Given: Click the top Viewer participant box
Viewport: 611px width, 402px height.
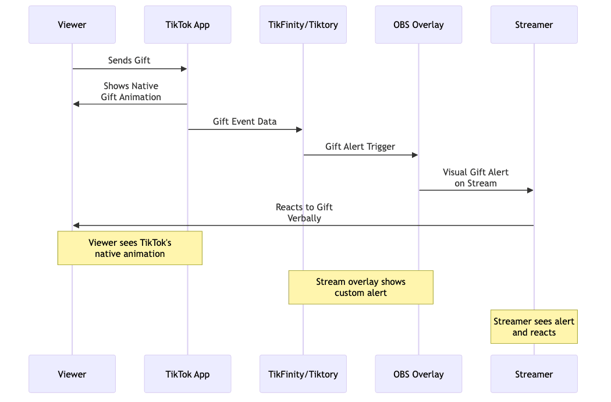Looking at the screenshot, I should pos(72,24).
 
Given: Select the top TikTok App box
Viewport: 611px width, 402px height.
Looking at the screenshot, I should pos(187,24).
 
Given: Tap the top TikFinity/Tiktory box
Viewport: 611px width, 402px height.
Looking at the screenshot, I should pos(303,24).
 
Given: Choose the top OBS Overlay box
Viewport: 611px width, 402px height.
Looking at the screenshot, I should pos(418,24).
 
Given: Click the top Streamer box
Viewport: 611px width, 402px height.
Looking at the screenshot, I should pos(534,24).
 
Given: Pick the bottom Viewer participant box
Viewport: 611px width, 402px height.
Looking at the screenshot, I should pos(72,374).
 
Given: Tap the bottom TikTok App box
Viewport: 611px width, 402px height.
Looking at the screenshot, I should pos(187,374).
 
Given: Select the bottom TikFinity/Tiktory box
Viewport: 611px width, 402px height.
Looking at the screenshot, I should pos(303,374).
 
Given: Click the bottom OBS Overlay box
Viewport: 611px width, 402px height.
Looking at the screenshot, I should pos(418,374).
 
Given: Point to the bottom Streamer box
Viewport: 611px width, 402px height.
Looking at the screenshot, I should pos(534,374).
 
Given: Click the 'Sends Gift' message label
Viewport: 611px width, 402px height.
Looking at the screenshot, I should pos(129,61).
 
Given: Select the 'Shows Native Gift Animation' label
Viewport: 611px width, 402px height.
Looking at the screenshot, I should pos(131,91).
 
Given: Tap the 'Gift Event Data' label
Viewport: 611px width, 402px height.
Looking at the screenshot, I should pos(244,122).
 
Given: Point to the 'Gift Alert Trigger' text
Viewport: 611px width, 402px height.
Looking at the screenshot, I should pos(360,147).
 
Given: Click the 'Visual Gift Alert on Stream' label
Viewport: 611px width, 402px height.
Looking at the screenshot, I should pos(475,178).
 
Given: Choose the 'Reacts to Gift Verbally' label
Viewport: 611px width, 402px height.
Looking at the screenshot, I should pos(304,213).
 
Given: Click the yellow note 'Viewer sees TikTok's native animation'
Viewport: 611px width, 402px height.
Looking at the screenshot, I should pos(130,248).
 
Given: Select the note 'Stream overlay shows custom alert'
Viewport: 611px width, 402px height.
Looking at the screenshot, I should pos(361,287).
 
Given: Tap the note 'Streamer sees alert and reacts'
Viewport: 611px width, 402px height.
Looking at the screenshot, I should pos(534,327).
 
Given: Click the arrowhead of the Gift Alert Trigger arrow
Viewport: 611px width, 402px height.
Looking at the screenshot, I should pos(415,155).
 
